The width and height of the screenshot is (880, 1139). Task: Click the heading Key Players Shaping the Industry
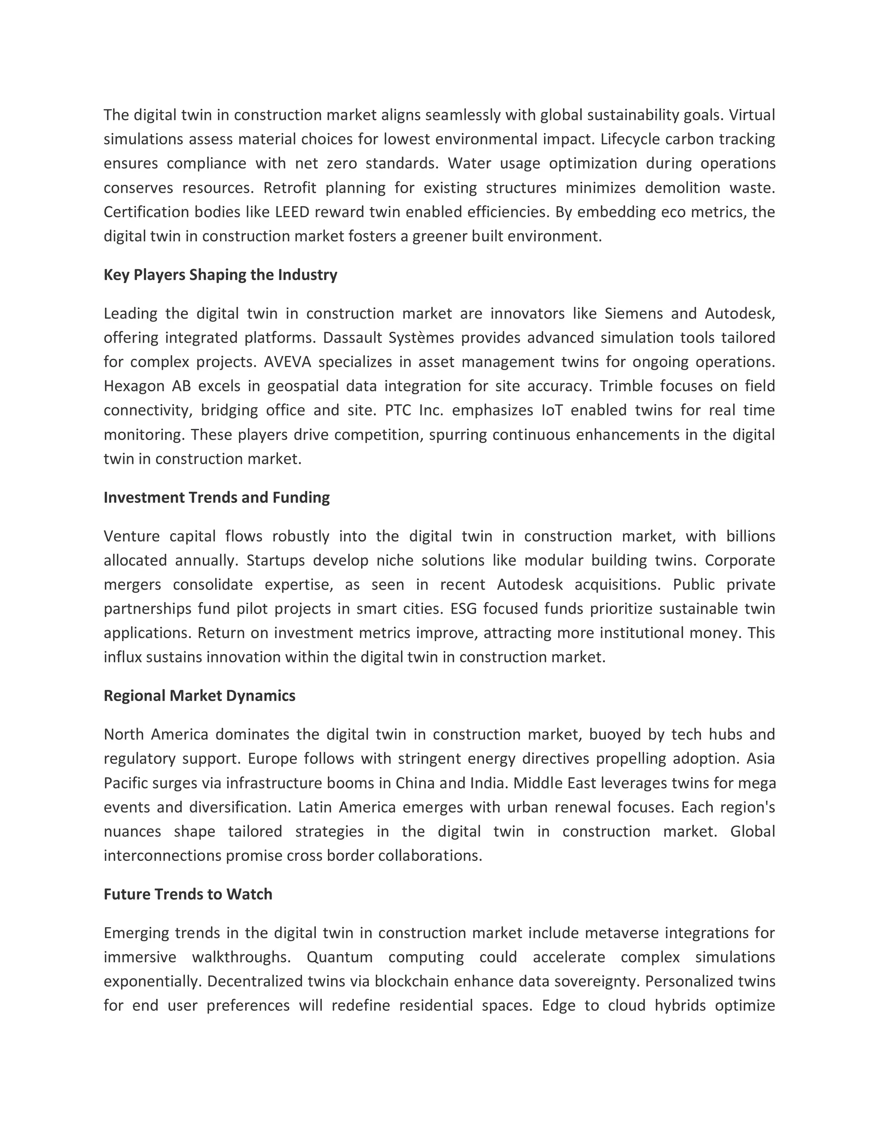220,275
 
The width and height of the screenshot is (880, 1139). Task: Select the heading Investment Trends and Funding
217,498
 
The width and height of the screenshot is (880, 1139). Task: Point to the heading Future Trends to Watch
188,894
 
